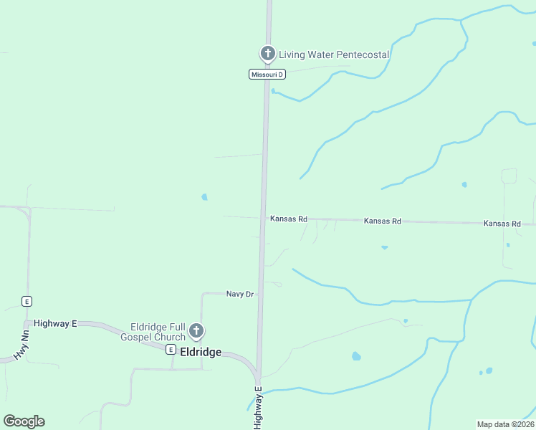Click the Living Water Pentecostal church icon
[x=267, y=53]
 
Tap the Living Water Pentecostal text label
[x=333, y=54]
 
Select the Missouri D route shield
[x=267, y=75]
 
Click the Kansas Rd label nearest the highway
[x=289, y=219]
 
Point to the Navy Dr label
[x=240, y=294]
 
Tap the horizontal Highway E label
[x=54, y=323]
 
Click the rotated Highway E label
[x=258, y=408]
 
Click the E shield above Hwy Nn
[x=27, y=301]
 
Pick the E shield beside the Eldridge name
[x=171, y=350]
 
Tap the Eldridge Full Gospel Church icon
[x=196, y=332]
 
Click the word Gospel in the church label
[x=137, y=337]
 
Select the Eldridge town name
[x=201, y=352]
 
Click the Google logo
[x=24, y=421]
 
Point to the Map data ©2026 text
[x=505, y=424]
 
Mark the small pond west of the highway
[x=205, y=197]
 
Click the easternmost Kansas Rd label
[x=502, y=224]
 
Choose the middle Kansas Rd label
[x=382, y=221]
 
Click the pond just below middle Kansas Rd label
[x=385, y=248]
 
